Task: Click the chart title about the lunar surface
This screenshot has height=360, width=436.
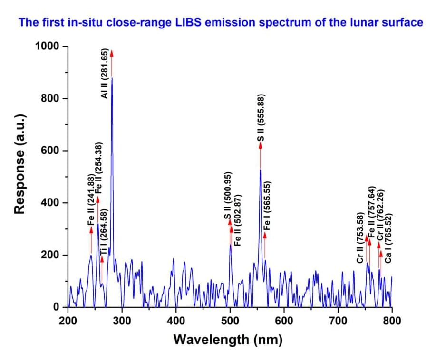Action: [x=220, y=22]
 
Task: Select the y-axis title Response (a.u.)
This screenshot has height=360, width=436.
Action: [x=19, y=164]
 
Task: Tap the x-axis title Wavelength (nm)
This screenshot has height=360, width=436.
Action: [x=228, y=340]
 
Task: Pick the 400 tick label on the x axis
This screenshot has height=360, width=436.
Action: [x=176, y=320]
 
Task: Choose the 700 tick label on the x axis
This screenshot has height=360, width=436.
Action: [x=338, y=320]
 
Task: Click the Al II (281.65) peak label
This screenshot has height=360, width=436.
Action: [x=105, y=73]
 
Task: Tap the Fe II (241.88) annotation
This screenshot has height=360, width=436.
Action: [x=91, y=200]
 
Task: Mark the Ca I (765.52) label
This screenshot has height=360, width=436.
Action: [x=388, y=238]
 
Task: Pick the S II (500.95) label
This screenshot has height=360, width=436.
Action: [x=228, y=196]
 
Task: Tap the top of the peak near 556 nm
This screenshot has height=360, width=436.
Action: [x=260, y=170]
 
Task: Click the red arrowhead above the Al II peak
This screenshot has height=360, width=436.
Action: [x=112, y=52]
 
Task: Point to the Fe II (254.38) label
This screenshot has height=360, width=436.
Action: [x=98, y=168]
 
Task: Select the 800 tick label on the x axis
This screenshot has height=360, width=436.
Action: [x=392, y=320]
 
